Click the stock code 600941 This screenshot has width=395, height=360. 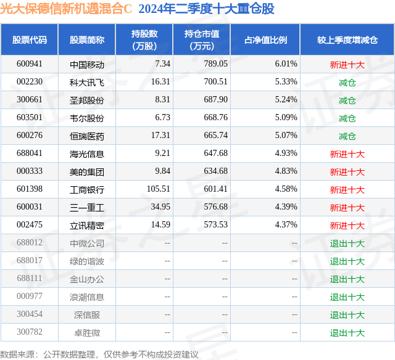pos(30,64)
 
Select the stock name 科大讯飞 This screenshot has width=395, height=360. pos(87,83)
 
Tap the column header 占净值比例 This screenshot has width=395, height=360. pos(265,39)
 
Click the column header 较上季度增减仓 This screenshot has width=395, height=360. pos(347,39)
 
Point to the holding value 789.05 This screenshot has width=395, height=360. pos(215,64)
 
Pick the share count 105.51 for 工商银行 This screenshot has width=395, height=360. pos(159,189)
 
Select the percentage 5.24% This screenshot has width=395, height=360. pos(286,100)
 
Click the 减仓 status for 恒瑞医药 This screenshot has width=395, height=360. pos(347,136)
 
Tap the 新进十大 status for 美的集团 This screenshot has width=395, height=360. pos(347,172)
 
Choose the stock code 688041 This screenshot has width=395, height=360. pos(30,153)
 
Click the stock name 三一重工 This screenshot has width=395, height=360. pos(87,208)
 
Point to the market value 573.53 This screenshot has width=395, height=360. pos(215,224)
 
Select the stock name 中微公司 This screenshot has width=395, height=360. pos(87,243)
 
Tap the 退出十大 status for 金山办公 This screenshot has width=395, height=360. pos(347,279)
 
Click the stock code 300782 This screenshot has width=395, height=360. pos(30,332)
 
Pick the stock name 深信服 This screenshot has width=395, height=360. pos(87,315)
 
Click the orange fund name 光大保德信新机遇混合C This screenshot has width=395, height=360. pos(66,9)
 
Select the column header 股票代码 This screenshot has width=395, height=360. pos(30,39)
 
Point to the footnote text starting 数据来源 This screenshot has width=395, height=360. pos(99,354)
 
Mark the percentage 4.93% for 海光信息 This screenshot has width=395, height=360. pos(286,153)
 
